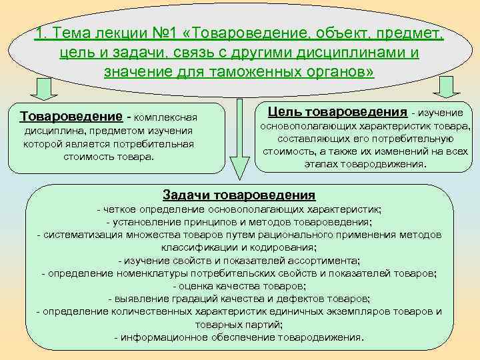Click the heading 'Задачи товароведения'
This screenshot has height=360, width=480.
[239, 195]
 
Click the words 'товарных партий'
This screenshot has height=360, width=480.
[238, 325]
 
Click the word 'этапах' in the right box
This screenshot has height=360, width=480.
[322, 163]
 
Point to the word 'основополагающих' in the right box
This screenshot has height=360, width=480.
[303, 127]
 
